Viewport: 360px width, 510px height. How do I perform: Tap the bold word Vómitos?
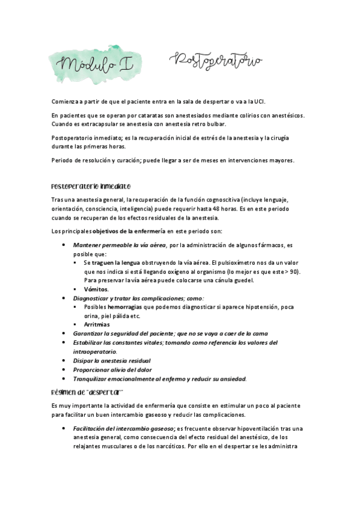pos(97,289)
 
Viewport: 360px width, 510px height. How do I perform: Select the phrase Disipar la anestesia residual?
pos(108,360)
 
